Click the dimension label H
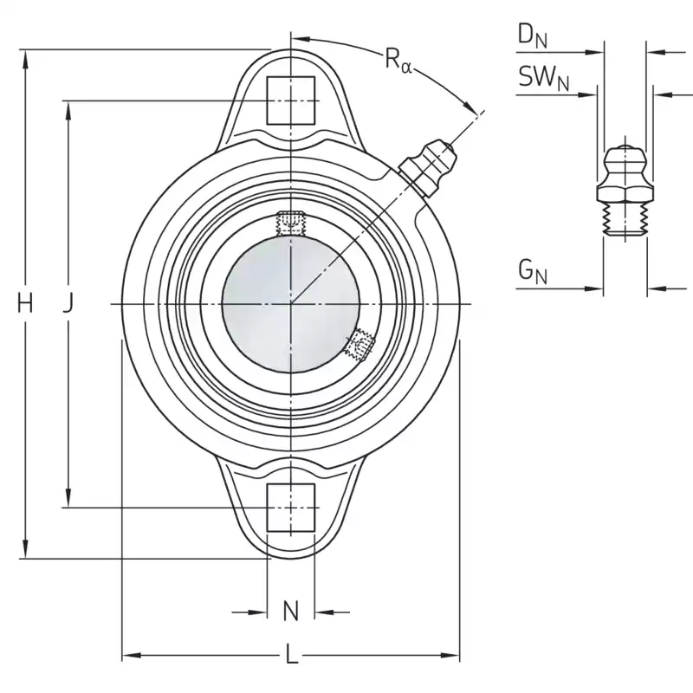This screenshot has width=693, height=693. [25, 304]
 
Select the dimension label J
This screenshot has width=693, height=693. [68, 304]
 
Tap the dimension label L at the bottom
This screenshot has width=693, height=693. [291, 655]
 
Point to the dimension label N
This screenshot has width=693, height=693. [291, 612]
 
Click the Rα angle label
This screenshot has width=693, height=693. [398, 60]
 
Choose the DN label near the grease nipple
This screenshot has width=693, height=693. [532, 36]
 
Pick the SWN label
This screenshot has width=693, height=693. [544, 78]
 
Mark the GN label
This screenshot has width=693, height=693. [532, 272]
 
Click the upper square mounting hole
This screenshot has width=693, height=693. [291, 100]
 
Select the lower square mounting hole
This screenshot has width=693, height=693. [291, 507]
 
